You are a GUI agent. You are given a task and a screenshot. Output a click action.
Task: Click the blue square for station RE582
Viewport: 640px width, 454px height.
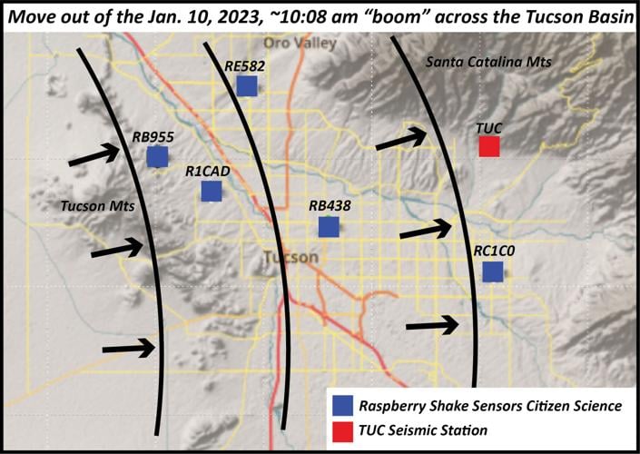tap(247, 85)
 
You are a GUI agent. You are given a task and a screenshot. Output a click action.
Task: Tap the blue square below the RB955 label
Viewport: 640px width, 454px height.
tap(157, 157)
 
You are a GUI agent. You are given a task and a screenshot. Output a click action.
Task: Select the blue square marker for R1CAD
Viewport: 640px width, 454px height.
tap(212, 191)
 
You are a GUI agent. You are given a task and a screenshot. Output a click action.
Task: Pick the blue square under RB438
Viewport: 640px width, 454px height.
tap(329, 227)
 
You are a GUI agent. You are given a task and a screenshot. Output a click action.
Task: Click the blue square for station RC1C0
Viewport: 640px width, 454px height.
tap(493, 271)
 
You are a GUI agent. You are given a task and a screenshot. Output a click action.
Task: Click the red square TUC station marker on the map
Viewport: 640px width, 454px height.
tap(489, 146)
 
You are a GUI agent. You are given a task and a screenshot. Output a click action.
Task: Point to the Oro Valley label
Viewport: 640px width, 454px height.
tap(300, 44)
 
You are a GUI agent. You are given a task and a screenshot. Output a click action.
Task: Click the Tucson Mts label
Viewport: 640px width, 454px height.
tap(97, 206)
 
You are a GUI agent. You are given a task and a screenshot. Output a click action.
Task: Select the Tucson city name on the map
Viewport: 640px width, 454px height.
tap(290, 257)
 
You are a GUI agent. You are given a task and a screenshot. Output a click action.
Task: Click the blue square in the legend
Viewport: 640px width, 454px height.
tap(342, 405)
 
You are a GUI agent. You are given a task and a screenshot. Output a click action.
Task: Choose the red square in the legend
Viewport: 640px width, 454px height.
tap(342, 429)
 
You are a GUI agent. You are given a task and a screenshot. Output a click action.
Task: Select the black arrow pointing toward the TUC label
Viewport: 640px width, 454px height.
tap(400, 139)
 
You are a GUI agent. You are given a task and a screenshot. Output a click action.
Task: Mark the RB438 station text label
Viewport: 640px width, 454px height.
tap(329, 206)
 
